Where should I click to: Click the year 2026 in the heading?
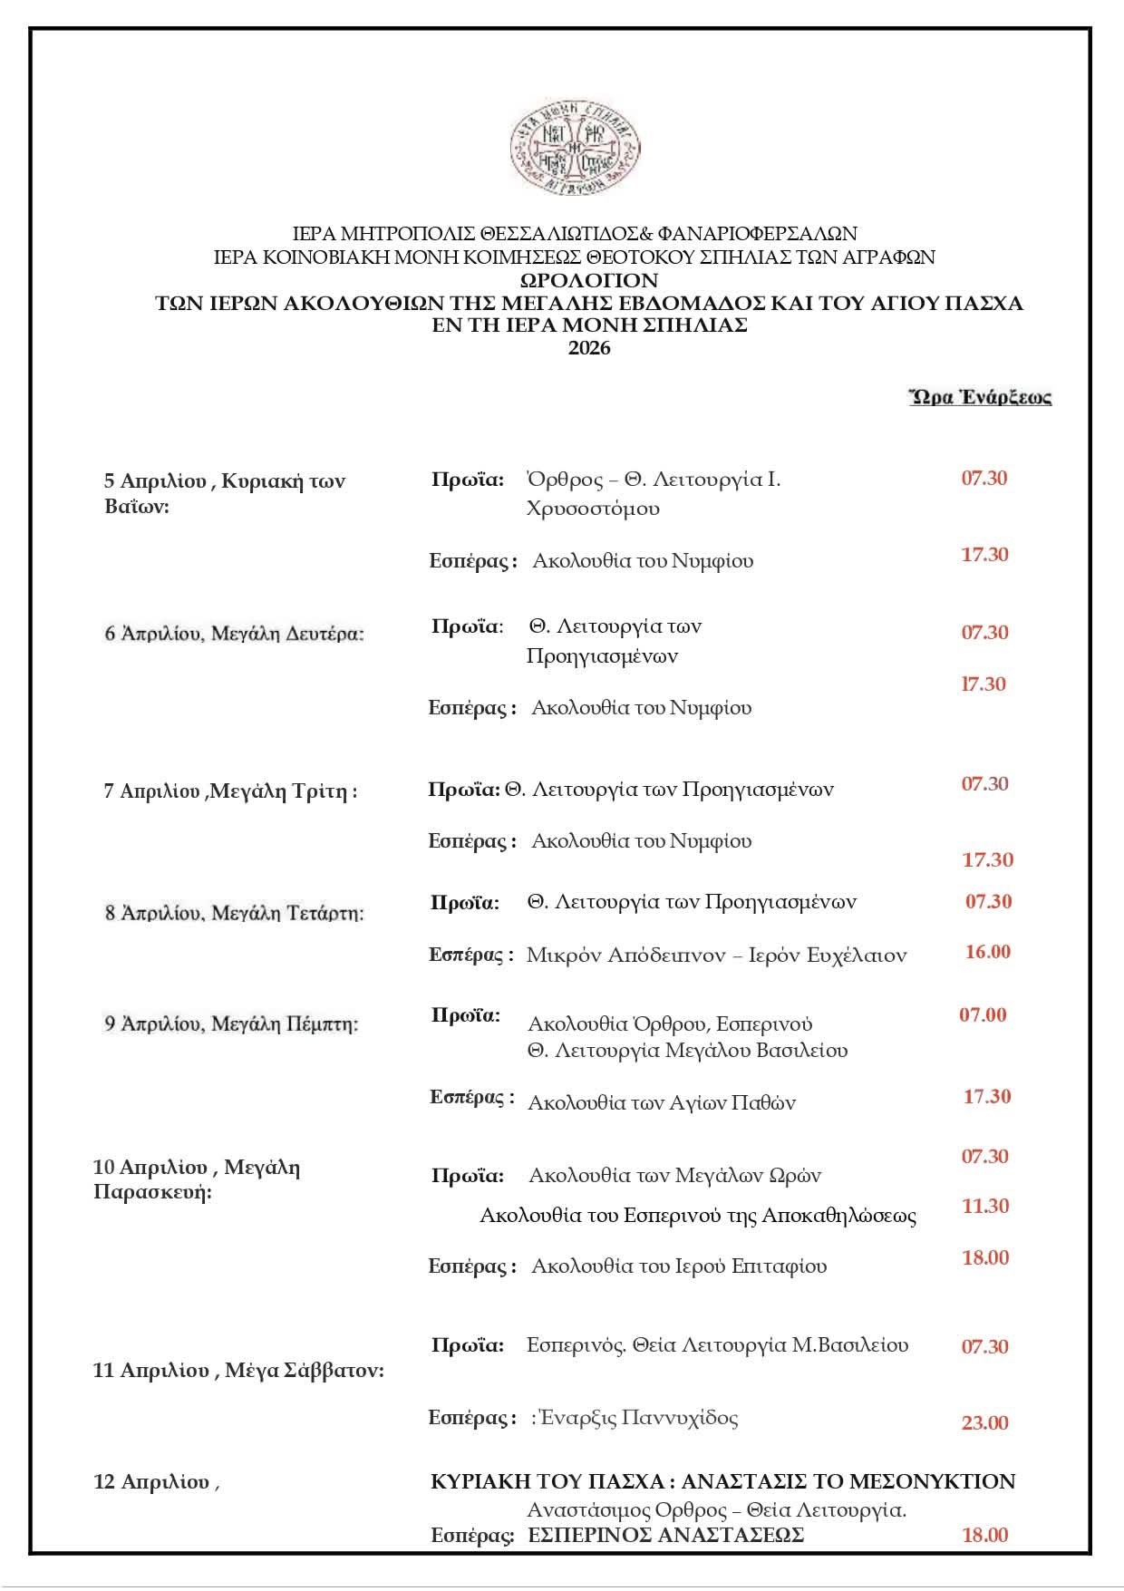[589, 348]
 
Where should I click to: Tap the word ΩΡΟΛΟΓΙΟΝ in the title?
[589, 280]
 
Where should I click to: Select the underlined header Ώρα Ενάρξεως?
[980, 396]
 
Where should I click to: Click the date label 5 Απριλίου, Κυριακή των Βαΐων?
[224, 492]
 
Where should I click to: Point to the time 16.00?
[987, 951]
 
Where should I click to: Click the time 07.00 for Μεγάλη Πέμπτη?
[983, 1014]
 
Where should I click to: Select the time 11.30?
[985, 1206]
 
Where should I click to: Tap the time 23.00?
[984, 1422]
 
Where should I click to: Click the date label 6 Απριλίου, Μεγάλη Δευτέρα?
[234, 633]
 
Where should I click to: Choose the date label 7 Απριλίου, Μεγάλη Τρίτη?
[230, 791]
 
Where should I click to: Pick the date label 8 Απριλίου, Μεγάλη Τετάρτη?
[234, 912]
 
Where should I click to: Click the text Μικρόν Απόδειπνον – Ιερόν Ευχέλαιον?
[716, 955]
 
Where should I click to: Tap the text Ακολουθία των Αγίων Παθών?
[662, 1102]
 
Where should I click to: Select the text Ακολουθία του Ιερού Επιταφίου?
[679, 1265]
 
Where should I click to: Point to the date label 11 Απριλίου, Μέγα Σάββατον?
[238, 1370]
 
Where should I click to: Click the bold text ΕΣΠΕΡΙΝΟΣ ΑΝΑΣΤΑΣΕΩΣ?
[666, 1535]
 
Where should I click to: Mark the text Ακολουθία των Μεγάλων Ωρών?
[674, 1176]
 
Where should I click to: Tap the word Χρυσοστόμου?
[593, 508]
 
